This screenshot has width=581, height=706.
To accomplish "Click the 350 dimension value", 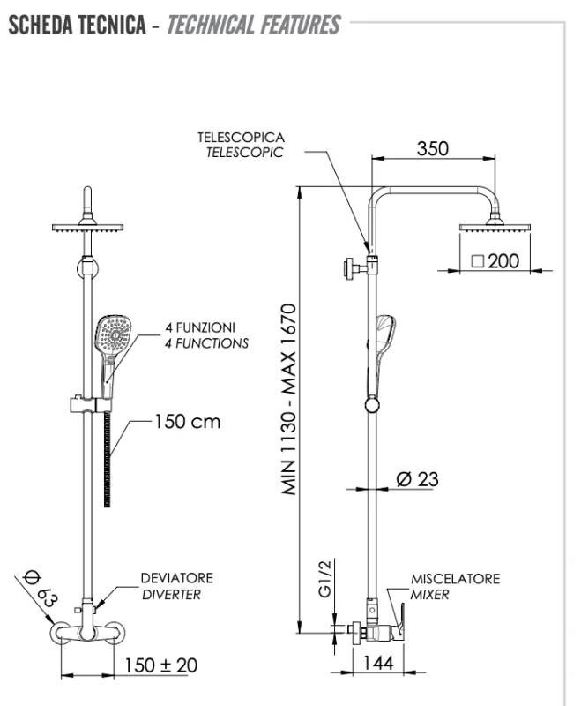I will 432,148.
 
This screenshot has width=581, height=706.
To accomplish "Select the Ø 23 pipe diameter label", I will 417,479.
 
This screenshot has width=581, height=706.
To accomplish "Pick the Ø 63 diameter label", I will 41,588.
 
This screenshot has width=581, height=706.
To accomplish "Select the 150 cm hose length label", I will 187,422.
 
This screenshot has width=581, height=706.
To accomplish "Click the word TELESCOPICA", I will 241,138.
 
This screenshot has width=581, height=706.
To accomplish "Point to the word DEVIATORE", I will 176,578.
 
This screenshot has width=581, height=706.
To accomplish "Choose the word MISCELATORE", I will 455,579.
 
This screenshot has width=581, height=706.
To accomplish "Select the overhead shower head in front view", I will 87,228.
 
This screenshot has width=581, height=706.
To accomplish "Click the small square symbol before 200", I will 477,260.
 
